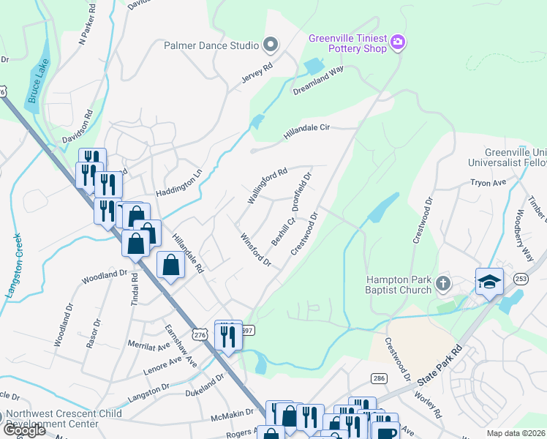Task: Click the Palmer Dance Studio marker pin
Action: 271,45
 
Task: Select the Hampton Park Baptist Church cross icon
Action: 442,283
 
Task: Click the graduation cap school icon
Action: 488,281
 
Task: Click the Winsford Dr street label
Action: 256,249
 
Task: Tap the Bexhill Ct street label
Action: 283,230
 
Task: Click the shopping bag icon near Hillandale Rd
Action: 170,266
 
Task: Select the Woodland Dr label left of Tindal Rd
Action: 105,276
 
